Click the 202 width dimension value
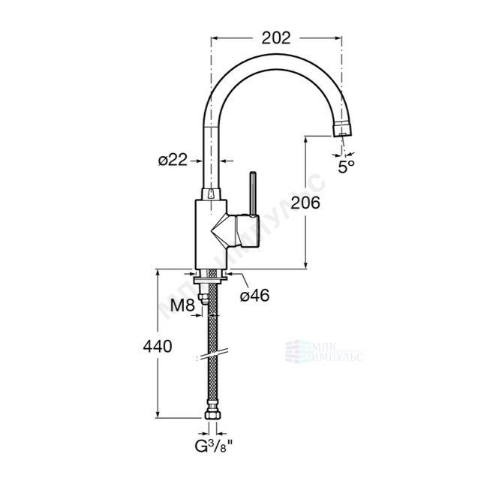pyautogui.click(x=276, y=38)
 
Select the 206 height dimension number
pyautogui.click(x=305, y=203)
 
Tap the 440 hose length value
pyautogui.click(x=158, y=346)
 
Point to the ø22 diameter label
pyautogui.click(x=173, y=161)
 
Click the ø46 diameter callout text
pyautogui.click(x=254, y=295)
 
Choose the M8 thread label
pyautogui.click(x=182, y=305)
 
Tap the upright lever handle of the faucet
pyautogui.click(x=252, y=193)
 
